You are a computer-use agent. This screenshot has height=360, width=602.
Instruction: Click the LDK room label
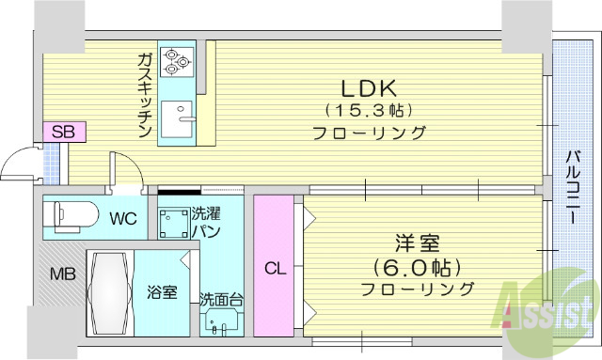pyautogui.click(x=369, y=89)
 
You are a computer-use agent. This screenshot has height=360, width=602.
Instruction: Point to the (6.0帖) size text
pyautogui.click(x=417, y=266)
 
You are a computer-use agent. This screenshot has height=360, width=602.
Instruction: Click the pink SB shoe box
pyautogui.click(x=64, y=132)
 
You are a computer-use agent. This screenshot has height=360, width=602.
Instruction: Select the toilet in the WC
pyautogui.click(x=71, y=216)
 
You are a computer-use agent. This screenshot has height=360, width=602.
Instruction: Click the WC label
pyautogui.click(x=123, y=219)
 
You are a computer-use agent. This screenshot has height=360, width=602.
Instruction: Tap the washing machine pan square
pyautogui.click(x=173, y=224)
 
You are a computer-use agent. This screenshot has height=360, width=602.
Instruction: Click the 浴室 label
pyautogui.click(x=160, y=291)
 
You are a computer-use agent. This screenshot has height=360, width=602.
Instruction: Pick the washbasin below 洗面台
pyautogui.click(x=222, y=322)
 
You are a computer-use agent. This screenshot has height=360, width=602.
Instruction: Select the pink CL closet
pyautogui.click(x=274, y=266)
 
